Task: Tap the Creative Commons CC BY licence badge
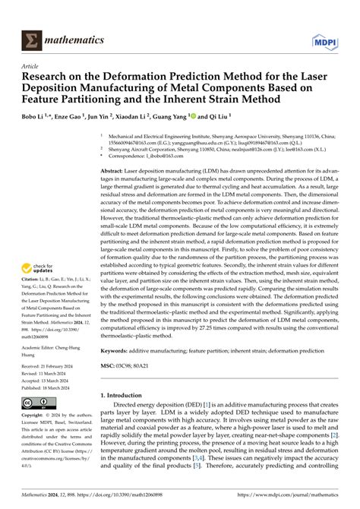pos(38,403)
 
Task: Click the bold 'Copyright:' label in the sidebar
pos(34,418)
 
